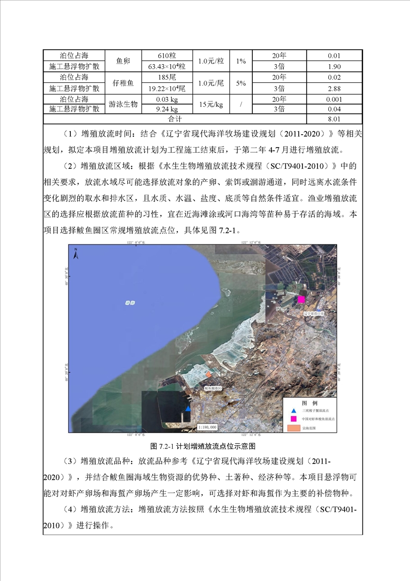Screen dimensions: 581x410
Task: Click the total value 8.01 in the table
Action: pos(334,119)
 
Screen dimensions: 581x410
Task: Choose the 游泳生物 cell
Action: pos(123,104)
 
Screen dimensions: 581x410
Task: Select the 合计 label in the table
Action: pos(174,119)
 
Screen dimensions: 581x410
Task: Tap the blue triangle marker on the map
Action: pos(188,409)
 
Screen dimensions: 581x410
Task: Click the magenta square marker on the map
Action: pos(301,299)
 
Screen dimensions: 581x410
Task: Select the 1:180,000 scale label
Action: pos(207,428)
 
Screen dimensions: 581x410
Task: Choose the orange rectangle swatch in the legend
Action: pos(293,428)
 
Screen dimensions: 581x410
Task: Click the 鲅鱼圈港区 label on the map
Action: pos(212,388)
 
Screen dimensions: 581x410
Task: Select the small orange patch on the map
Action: pos(208,374)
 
